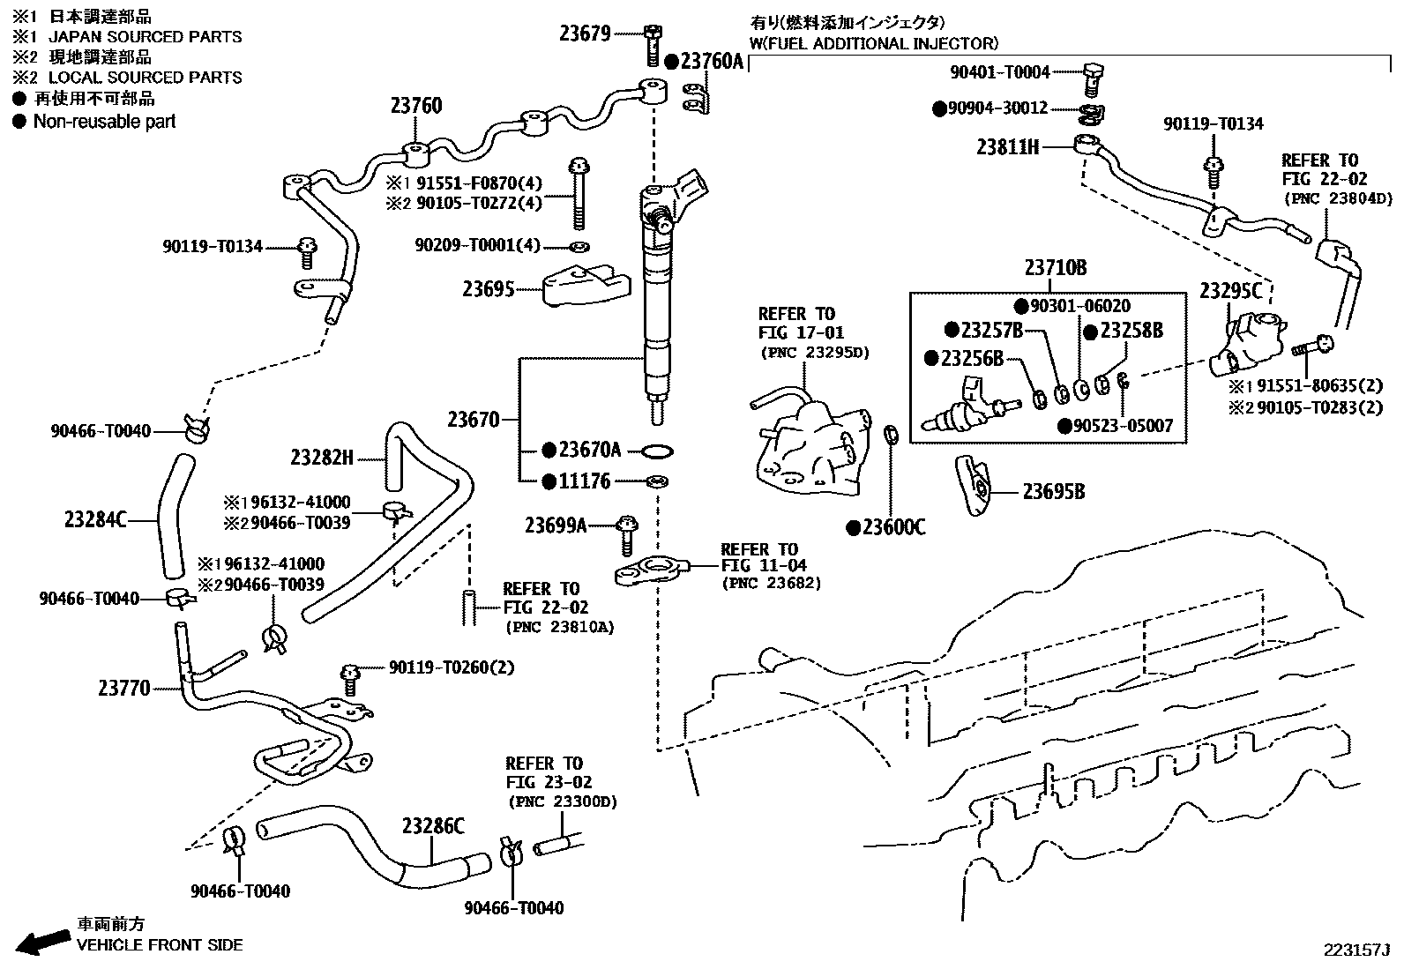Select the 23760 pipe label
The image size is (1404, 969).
pos(416,107)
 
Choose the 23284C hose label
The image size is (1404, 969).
pos(95,520)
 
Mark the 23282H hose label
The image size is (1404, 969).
pos(322,458)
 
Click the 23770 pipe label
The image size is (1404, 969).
pos(124,688)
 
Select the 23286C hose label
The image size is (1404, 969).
pos(433,826)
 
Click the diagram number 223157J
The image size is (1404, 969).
pos(1355,950)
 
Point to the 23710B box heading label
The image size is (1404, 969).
pos(1056,268)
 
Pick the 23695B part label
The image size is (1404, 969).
pos(1054,492)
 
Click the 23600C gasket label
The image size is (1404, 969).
pos(893,528)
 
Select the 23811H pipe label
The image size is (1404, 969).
pos(1007,147)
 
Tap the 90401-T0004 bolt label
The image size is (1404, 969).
pos(1000,73)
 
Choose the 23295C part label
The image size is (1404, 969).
pos(1230,290)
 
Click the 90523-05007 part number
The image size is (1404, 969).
pos(1123,426)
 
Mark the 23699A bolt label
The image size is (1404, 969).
pos(556,526)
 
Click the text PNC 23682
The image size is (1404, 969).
pos(772,584)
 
